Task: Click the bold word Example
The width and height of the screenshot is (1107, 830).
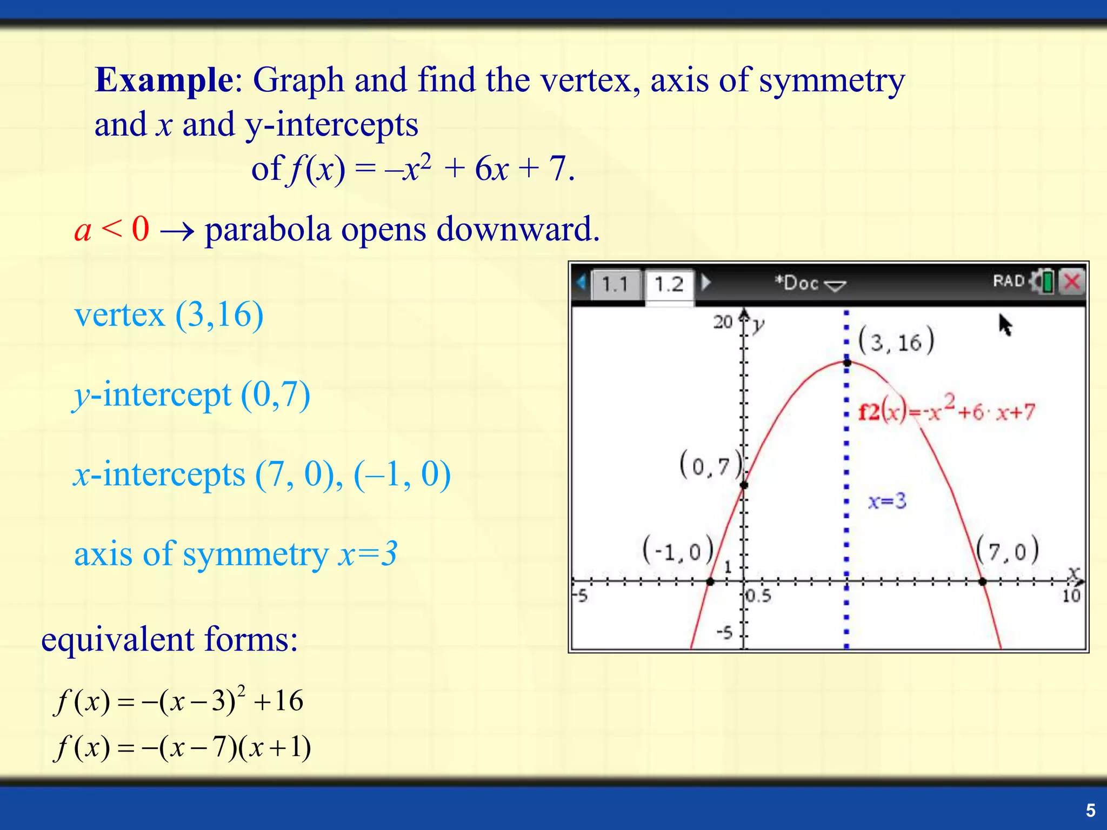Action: (164, 80)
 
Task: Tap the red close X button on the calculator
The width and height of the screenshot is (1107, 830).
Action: (1072, 282)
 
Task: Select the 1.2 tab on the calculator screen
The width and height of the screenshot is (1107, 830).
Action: (669, 284)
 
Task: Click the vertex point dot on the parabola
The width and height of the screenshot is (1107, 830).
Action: (847, 363)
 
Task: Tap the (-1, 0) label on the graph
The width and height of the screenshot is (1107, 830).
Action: (678, 551)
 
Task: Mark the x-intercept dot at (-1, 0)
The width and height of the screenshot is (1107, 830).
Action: (710, 582)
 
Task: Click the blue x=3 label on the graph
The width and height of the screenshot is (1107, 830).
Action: (887, 501)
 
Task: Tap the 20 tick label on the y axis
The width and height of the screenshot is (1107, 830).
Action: (723, 322)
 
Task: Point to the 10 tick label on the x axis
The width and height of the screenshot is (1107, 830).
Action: (1071, 596)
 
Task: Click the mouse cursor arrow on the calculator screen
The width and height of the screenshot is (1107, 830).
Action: (1005, 325)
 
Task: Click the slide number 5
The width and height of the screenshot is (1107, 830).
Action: (1090, 810)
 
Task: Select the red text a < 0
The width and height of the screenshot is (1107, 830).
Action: (112, 229)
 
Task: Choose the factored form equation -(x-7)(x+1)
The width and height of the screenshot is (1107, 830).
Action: (183, 748)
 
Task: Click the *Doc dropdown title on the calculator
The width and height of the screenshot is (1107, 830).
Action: (810, 283)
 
